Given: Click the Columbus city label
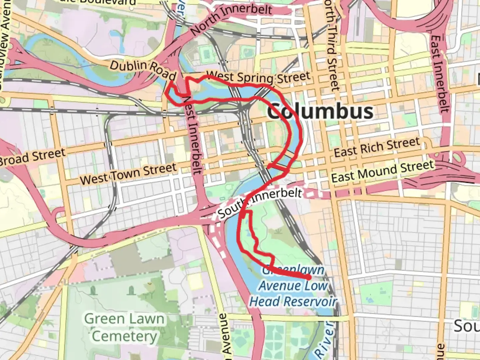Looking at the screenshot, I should point(320,111).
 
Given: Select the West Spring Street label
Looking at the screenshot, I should point(258,78).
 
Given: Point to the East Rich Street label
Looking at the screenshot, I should point(377,147).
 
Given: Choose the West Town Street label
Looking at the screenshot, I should point(128,174).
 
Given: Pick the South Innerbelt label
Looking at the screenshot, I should point(260,202).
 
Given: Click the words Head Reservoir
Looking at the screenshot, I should point(293,302).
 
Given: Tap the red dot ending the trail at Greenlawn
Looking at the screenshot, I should point(309,277).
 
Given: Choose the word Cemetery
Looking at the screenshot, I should point(124,336).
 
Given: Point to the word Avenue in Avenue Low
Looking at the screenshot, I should point(280,286).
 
